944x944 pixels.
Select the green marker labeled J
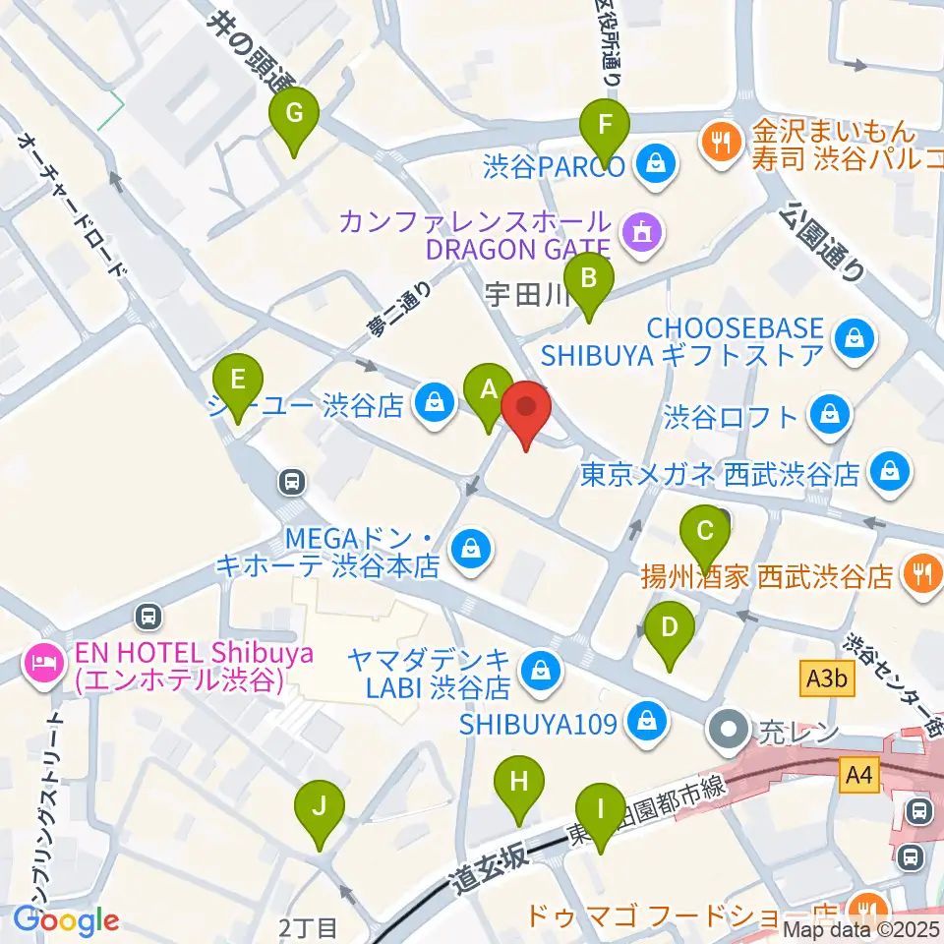point(320,806)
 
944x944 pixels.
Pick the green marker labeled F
point(605,127)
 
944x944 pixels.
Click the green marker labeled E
point(238,380)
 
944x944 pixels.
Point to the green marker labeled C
point(705,532)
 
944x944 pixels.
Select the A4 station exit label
point(860,776)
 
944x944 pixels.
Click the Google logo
point(66,920)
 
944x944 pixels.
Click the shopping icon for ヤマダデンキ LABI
point(539,671)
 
